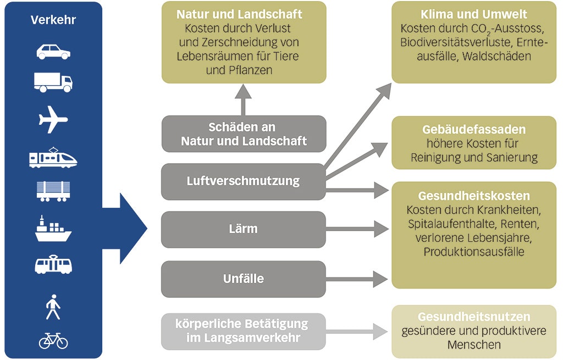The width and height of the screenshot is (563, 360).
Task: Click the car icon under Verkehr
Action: point(53,52)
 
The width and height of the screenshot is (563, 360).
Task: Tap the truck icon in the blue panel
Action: point(53,82)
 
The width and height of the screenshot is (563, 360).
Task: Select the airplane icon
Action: point(53,120)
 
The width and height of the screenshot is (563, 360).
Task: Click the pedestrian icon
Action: point(53,307)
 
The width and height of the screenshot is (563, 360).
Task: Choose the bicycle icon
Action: point(53,341)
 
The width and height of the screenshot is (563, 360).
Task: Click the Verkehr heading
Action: point(53,20)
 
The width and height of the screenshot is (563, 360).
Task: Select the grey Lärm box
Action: point(243,229)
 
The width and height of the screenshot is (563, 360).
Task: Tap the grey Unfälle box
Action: point(243,279)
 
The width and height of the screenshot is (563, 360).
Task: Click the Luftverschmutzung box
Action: point(243,181)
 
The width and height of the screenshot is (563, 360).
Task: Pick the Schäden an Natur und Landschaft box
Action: point(243,134)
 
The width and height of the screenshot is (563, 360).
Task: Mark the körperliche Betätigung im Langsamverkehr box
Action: point(243,331)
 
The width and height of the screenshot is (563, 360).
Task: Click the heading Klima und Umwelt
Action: point(473,14)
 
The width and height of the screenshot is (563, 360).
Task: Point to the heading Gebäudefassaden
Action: point(473,130)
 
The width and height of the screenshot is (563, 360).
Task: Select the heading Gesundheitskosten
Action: point(473,196)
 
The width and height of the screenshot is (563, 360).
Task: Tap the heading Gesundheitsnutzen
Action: point(473,317)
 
